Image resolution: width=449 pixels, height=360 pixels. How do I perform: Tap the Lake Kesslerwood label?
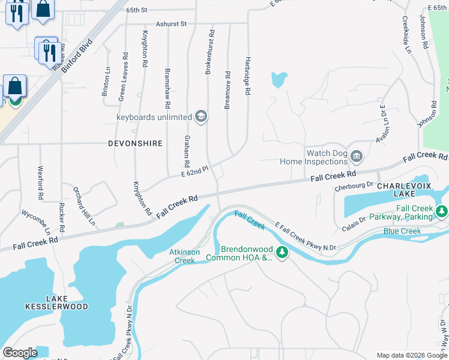pyautogui.click(x=65, y=302)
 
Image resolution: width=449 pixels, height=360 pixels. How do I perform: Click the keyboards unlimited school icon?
pyautogui.click(x=202, y=116)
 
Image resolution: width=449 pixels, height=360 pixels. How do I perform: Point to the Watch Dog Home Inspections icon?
pyautogui.click(x=357, y=157)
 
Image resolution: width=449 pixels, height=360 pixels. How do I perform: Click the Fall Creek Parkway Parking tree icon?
pyautogui.click(x=442, y=212)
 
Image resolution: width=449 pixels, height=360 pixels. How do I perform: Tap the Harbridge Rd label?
pyautogui.click(x=247, y=76)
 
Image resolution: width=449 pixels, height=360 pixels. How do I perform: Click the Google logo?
pyautogui.click(x=20, y=352)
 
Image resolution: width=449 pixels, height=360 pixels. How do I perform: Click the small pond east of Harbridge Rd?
pyautogui.click(x=279, y=80)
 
